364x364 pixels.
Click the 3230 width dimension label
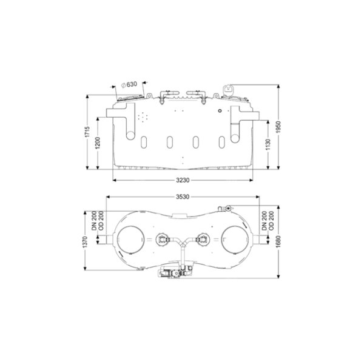(x=183, y=180)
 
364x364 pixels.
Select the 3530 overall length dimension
(x=183, y=197)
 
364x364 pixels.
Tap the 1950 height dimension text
(x=278, y=127)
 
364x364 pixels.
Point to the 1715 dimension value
(x=87, y=132)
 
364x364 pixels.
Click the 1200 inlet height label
(x=98, y=143)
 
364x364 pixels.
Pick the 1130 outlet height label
(x=268, y=144)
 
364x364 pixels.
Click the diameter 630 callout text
(x=129, y=84)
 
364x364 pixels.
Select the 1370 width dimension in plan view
(x=85, y=241)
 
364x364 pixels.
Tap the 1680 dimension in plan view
(x=278, y=241)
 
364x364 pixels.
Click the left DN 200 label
(x=94, y=221)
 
